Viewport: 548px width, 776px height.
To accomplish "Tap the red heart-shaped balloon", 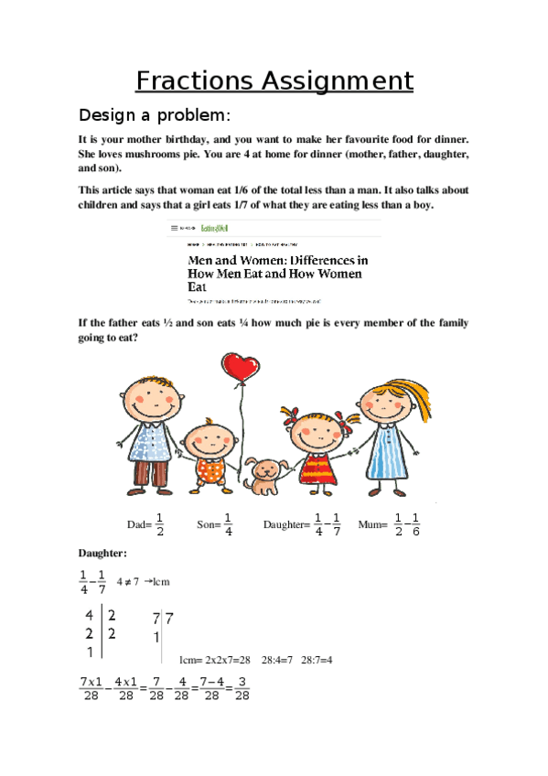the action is point(242,370).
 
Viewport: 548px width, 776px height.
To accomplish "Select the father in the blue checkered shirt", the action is point(150,421).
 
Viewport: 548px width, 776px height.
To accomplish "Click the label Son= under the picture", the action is point(208,524).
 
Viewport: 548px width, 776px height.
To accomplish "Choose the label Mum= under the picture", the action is point(373,524).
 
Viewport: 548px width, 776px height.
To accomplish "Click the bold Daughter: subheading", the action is point(102,554).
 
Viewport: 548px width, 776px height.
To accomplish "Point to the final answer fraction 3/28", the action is point(242,689).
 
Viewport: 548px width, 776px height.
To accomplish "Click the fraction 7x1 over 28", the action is point(90,689).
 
